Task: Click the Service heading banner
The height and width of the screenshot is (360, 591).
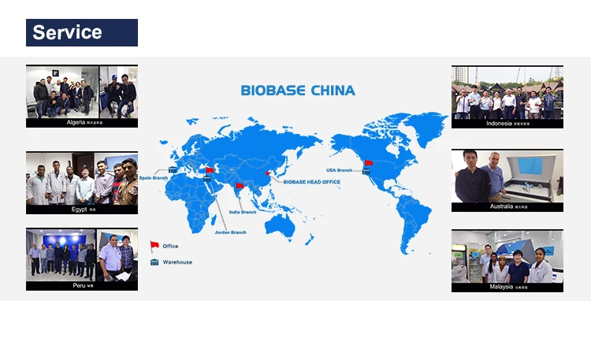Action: pos(81,32)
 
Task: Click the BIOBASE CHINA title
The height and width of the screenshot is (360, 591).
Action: pos(297,91)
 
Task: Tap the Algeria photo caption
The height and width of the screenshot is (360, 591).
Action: pos(81,123)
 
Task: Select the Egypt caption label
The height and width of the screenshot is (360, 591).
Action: pos(81,210)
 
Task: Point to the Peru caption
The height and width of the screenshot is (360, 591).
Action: pos(81,285)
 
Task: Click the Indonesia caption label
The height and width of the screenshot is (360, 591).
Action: pos(507,123)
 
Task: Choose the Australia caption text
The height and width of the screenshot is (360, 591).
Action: pos(507,206)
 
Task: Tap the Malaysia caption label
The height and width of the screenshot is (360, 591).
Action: pos(507,288)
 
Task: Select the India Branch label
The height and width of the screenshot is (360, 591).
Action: pos(243,212)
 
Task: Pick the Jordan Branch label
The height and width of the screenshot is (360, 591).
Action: pos(230,232)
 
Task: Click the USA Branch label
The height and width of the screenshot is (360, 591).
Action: pos(340,170)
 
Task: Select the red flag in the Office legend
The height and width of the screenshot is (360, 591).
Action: pos(154,246)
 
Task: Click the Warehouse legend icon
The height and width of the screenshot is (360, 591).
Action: pos(154,262)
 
